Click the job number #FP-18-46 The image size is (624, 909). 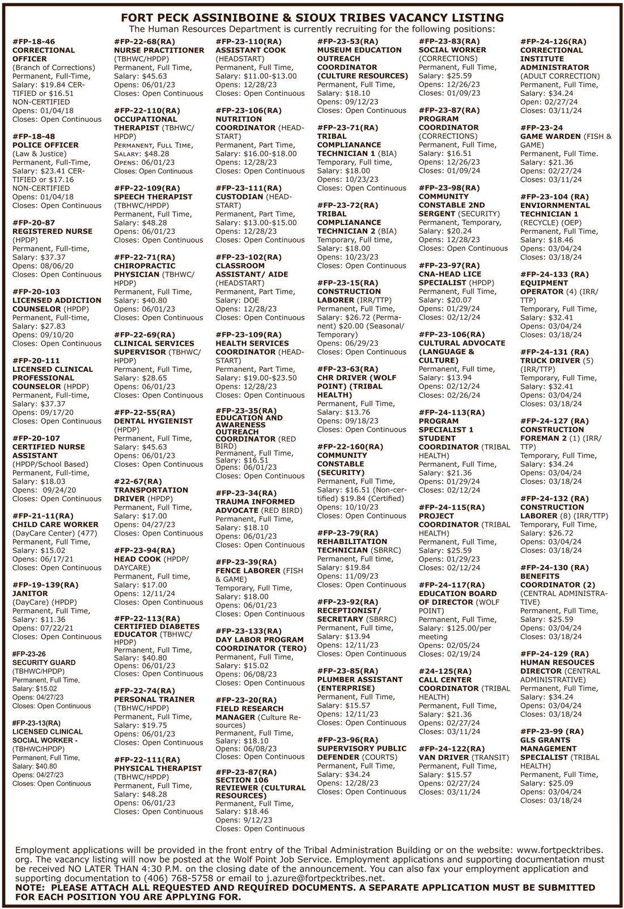(x=33, y=42)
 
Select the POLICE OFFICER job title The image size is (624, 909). (x=45, y=145)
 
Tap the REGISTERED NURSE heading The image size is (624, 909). (x=52, y=231)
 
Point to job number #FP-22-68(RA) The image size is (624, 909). (x=144, y=42)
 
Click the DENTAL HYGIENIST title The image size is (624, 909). (x=153, y=421)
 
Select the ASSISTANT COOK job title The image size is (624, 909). (x=251, y=50)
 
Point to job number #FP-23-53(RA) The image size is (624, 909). (x=347, y=42)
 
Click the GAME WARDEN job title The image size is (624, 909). (x=550, y=137)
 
